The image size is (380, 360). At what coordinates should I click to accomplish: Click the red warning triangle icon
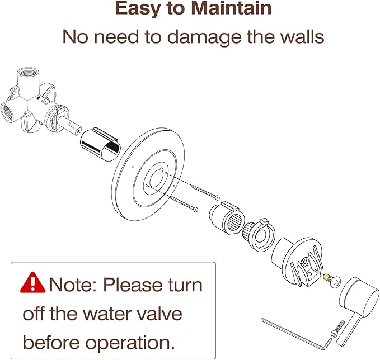(x=32, y=283)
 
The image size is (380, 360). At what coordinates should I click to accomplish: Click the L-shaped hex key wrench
(x=295, y=334)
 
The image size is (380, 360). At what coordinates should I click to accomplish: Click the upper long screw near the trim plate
(x=205, y=192)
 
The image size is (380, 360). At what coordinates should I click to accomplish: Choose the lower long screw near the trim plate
(x=185, y=203)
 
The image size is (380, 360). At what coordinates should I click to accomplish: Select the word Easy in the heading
(x=138, y=8)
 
